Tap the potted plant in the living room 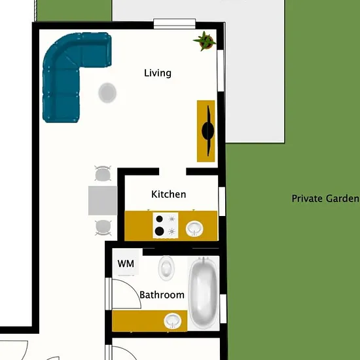tap(205, 41)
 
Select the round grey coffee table tap(107, 93)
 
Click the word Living tap(158, 73)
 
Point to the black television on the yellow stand tap(208, 131)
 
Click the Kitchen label tap(169, 194)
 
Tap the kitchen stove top tap(166, 225)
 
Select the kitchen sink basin tap(194, 228)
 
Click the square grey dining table tap(103, 201)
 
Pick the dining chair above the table tap(103, 173)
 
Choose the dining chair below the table tap(103, 228)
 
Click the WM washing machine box tap(126, 263)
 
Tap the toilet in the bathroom tap(166, 268)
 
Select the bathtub tap(204, 293)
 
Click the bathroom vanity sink tap(173, 321)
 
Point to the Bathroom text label tap(162, 295)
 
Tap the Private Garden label tap(325, 198)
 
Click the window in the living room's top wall tap(175, 24)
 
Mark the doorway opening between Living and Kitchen tap(173, 171)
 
